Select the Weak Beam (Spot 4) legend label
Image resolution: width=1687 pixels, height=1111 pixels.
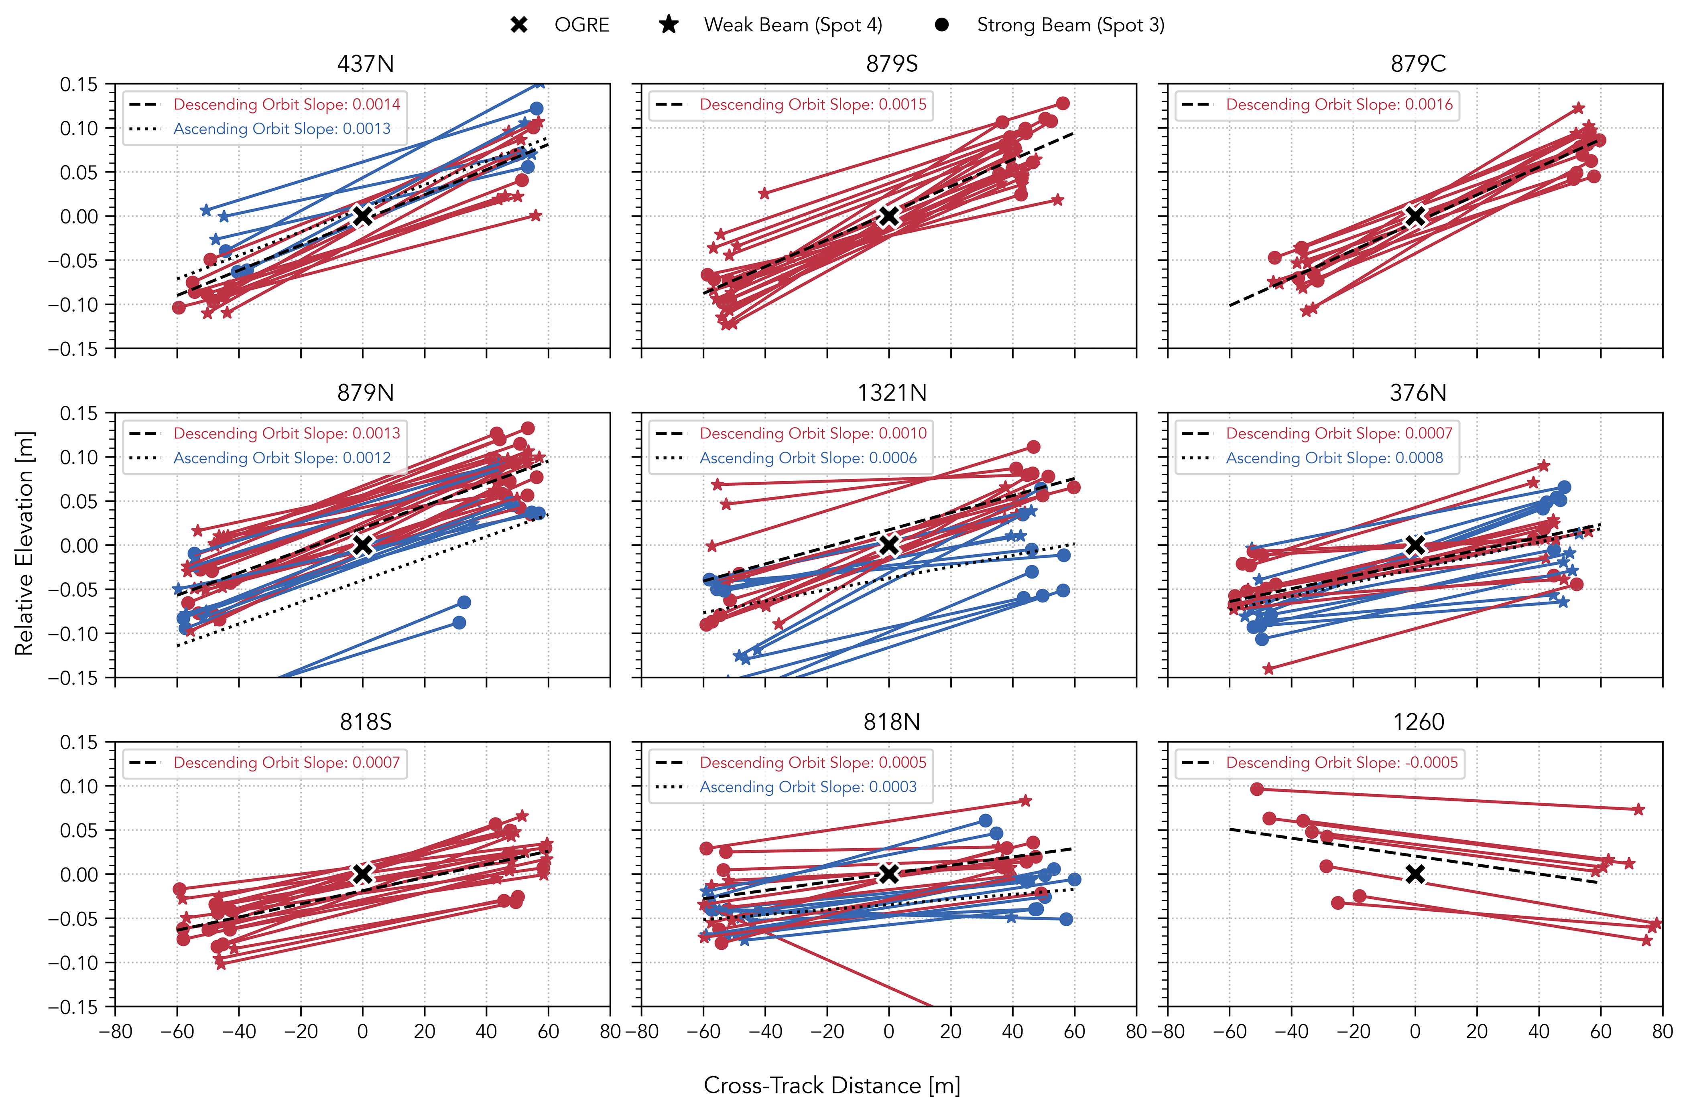(793, 25)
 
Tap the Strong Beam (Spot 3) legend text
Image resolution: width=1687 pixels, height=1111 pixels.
(1070, 25)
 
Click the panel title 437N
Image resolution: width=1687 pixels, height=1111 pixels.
(365, 64)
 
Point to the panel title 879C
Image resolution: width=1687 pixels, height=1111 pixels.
(1418, 64)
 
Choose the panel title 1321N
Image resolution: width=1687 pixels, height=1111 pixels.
(892, 393)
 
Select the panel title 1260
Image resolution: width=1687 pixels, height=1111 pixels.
(1418, 722)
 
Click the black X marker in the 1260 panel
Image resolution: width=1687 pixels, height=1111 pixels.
(1415, 874)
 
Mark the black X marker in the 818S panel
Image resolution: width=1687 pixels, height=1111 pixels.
(362, 874)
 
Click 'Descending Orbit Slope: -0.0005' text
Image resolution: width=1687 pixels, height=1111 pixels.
(1342, 762)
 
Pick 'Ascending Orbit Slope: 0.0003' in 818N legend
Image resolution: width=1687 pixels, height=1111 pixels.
(808, 787)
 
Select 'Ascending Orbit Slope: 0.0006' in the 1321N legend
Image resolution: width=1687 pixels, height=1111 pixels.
(808, 458)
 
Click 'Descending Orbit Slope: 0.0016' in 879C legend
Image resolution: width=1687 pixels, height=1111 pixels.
(1339, 104)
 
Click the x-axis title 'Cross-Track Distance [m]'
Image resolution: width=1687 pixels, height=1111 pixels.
(831, 1085)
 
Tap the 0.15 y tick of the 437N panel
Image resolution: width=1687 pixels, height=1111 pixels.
(79, 84)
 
